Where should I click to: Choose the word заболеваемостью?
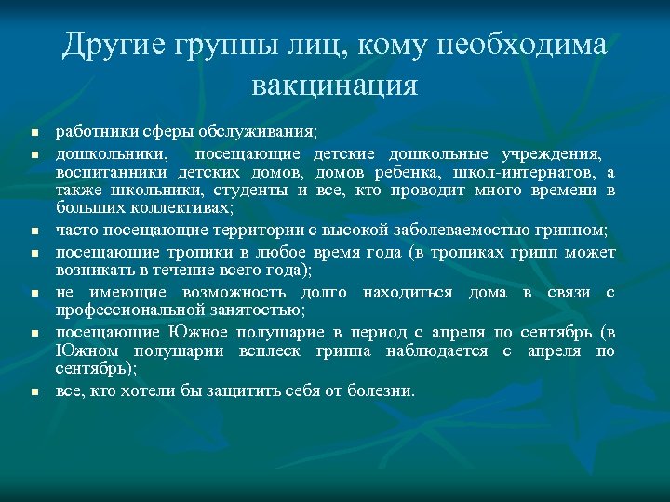(466, 230)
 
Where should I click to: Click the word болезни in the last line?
(384, 391)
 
